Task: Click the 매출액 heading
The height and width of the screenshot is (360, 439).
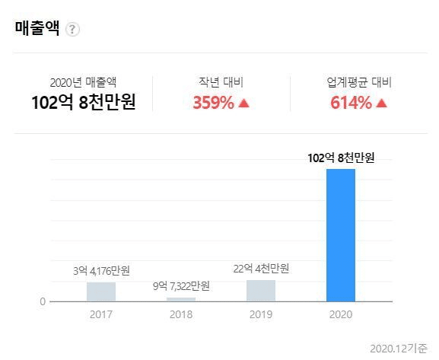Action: click(37, 27)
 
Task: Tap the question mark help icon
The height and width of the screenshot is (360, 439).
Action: click(72, 29)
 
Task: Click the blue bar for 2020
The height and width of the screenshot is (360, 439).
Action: click(341, 235)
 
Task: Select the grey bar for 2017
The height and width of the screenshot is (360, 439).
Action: click(101, 292)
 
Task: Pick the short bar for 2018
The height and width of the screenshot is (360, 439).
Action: click(181, 299)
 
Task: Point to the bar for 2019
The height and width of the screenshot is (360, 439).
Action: click(261, 291)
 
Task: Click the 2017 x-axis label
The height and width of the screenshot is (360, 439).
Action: click(101, 314)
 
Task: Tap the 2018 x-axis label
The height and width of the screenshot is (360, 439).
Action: click(181, 314)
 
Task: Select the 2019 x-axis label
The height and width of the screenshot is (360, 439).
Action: click(261, 314)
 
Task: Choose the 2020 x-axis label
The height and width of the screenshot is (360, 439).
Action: click(341, 314)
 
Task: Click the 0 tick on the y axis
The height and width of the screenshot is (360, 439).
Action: click(43, 301)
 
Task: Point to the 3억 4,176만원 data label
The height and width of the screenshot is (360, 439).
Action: click(101, 271)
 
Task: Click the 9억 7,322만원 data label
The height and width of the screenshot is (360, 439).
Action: click(181, 286)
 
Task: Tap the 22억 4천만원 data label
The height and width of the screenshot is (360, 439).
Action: click(261, 269)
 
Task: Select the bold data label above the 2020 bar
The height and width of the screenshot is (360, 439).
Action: click(341, 158)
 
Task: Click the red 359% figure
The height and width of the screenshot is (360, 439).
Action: click(213, 103)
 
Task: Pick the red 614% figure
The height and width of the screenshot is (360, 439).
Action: click(351, 103)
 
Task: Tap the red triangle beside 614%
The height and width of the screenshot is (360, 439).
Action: click(381, 104)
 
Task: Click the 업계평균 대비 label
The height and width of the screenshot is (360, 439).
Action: click(359, 82)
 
